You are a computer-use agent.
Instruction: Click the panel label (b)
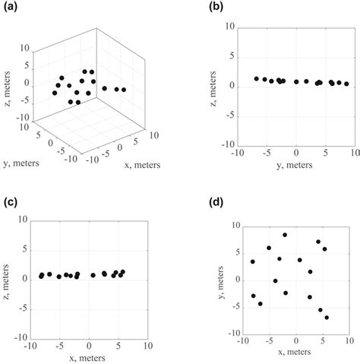pyautogui.click(x=197, y=9)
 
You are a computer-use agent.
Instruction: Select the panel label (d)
pyautogui.click(x=197, y=203)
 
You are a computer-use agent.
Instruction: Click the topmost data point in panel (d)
pyautogui.click(x=285, y=235)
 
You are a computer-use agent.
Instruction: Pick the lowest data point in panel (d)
pyautogui.click(x=327, y=317)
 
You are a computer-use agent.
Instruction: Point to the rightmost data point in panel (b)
pyautogui.click(x=346, y=84)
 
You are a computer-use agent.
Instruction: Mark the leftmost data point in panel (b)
pyautogui.click(x=257, y=78)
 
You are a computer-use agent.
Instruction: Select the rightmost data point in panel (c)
pyautogui.click(x=122, y=272)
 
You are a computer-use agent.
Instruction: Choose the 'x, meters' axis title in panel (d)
pyautogui.click(x=292, y=353)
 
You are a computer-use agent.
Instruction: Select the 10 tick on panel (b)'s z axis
pyautogui.click(x=228, y=27)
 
